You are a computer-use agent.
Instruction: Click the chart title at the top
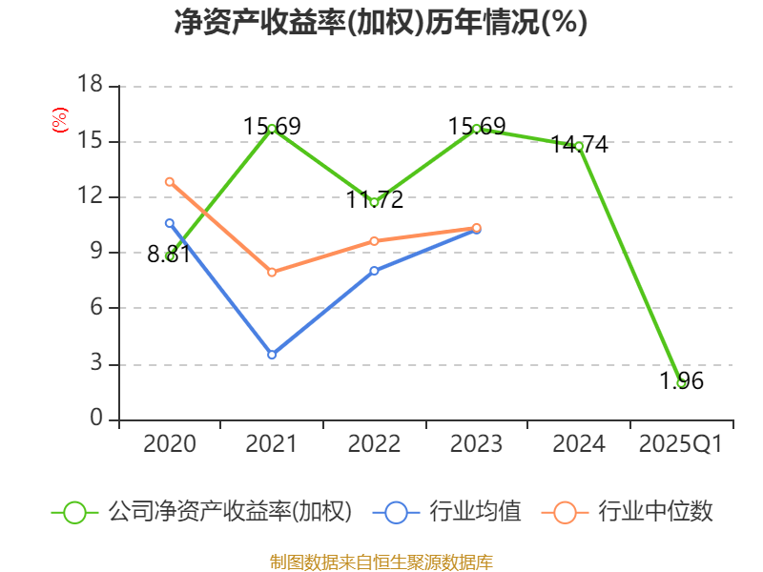coord(381,23)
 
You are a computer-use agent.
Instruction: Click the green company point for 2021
coord(272,129)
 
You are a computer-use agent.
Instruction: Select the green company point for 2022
coord(374,202)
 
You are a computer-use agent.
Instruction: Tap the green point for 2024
coord(579,146)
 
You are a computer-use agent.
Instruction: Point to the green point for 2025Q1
coord(681,382)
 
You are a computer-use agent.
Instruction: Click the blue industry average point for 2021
coord(272,355)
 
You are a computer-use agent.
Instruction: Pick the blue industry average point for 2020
coord(170,223)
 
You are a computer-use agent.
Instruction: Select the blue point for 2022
coord(374,271)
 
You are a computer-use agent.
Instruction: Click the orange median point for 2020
coord(170,181)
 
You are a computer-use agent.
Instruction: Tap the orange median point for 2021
coord(272,273)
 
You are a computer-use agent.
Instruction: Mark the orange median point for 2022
coord(374,241)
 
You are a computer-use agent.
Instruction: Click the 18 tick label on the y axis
coord(89,86)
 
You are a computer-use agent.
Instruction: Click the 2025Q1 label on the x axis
coord(681,444)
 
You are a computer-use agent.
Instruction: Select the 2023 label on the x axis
coord(477,444)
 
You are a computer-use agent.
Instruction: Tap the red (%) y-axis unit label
coord(60,121)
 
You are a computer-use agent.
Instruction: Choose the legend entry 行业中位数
coord(656,512)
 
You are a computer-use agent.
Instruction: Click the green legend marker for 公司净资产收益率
coord(75,512)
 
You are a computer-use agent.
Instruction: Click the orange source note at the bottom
coord(381,562)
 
